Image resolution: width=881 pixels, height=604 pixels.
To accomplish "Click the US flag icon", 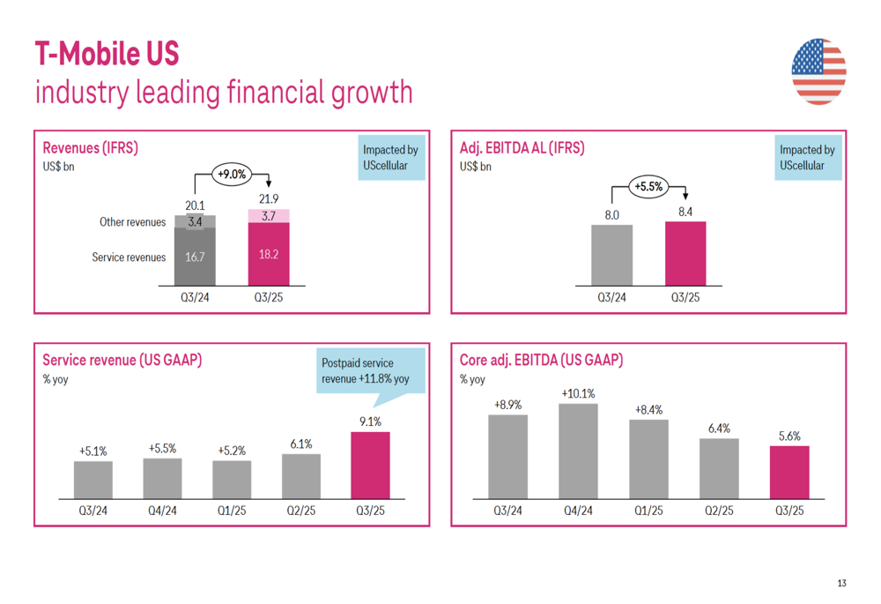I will (x=818, y=71).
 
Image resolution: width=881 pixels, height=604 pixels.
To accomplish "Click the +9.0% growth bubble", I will (x=231, y=175).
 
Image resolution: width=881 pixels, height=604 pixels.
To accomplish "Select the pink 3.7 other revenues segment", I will (x=269, y=216).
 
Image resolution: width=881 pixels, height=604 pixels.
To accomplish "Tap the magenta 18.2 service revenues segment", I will (x=269, y=254).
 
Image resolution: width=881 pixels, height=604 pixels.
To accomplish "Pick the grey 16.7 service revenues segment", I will (x=195, y=257).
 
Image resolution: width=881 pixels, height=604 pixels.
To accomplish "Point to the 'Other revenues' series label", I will (x=132, y=222).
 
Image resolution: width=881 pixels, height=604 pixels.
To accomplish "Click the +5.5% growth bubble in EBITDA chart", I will (x=648, y=186).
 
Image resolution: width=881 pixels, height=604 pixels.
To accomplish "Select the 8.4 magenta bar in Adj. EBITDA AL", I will (x=685, y=253).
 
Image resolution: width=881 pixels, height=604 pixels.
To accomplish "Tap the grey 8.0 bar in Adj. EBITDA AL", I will (x=611, y=255).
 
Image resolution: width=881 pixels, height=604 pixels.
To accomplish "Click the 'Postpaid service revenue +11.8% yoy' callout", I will (x=370, y=371).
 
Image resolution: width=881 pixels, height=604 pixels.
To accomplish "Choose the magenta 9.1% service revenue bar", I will (x=370, y=466).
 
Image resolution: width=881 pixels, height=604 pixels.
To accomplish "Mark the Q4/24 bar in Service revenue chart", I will (x=162, y=479).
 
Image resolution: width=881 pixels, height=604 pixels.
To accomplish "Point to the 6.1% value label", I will (x=301, y=444).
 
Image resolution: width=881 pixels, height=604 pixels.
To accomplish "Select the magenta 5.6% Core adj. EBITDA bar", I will (x=789, y=473).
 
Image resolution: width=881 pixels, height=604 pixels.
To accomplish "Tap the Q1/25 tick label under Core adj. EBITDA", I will (x=648, y=511).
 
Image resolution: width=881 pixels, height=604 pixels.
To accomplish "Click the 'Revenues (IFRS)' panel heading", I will (x=90, y=148).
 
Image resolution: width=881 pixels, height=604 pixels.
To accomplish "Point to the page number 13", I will (x=841, y=583).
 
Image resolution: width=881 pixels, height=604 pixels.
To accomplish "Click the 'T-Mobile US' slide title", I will (x=107, y=55).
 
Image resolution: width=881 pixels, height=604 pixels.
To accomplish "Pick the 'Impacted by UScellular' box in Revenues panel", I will (x=390, y=157).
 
